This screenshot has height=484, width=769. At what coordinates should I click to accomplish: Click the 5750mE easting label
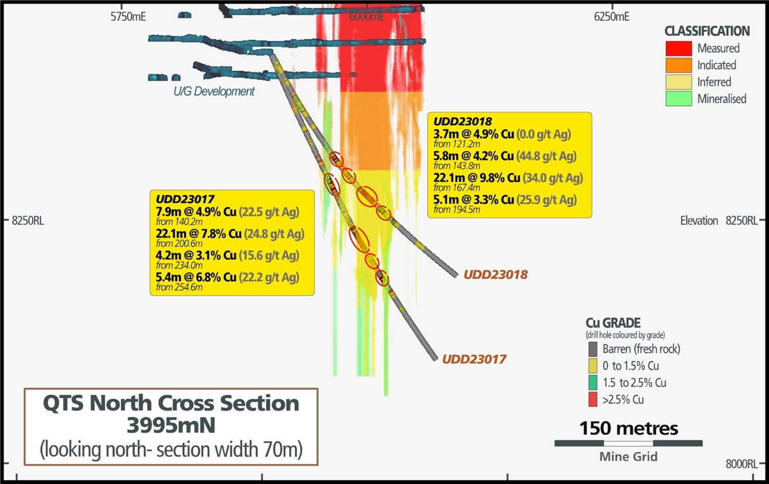(128, 17)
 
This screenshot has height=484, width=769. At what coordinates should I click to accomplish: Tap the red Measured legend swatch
(678, 48)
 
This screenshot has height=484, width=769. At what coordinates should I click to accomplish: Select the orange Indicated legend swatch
(678, 65)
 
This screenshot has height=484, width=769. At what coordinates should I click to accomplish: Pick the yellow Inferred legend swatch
(678, 82)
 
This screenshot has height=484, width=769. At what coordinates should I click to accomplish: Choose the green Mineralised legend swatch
(678, 98)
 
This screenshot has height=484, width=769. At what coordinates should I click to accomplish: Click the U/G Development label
(214, 92)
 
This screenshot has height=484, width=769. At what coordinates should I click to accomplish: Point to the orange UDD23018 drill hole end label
(495, 275)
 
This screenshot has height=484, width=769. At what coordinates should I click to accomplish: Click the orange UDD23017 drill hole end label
(474, 359)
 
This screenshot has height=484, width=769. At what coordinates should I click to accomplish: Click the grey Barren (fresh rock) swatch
(592, 349)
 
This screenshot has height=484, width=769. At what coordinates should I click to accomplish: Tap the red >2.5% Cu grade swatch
(592, 400)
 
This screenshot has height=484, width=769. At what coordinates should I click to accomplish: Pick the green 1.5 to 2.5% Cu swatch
(592, 382)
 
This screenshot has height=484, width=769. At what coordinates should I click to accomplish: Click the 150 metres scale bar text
(628, 428)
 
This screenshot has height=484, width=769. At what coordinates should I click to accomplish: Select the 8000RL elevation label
(741, 464)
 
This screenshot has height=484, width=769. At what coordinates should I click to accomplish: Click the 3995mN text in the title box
(171, 426)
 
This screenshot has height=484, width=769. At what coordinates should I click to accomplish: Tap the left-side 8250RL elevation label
(28, 221)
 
